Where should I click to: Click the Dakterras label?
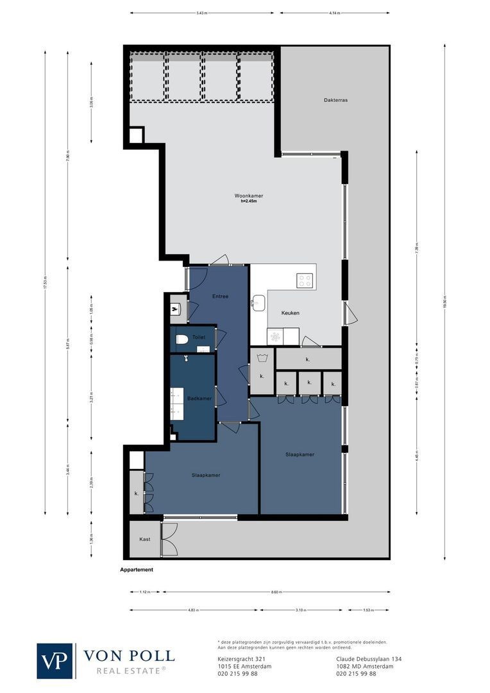coord(336,101)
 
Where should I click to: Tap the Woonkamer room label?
coord(249,196)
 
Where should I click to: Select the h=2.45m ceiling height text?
coord(248,202)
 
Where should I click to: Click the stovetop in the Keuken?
coord(305,280)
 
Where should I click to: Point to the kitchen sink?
coord(259,303)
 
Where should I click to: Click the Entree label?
coord(221,296)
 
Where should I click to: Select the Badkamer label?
coord(199,398)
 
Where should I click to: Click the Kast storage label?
coord(145,540)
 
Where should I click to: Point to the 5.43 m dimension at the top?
coord(202,13)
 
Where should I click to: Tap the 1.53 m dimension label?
coord(368,610)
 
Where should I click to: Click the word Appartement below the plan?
coord(137,570)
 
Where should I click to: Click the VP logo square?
coord(55,661)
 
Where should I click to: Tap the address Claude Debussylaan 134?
coord(369,659)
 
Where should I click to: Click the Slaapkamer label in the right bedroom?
coord(300,454)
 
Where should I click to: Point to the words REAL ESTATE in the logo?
coord(131,671)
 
